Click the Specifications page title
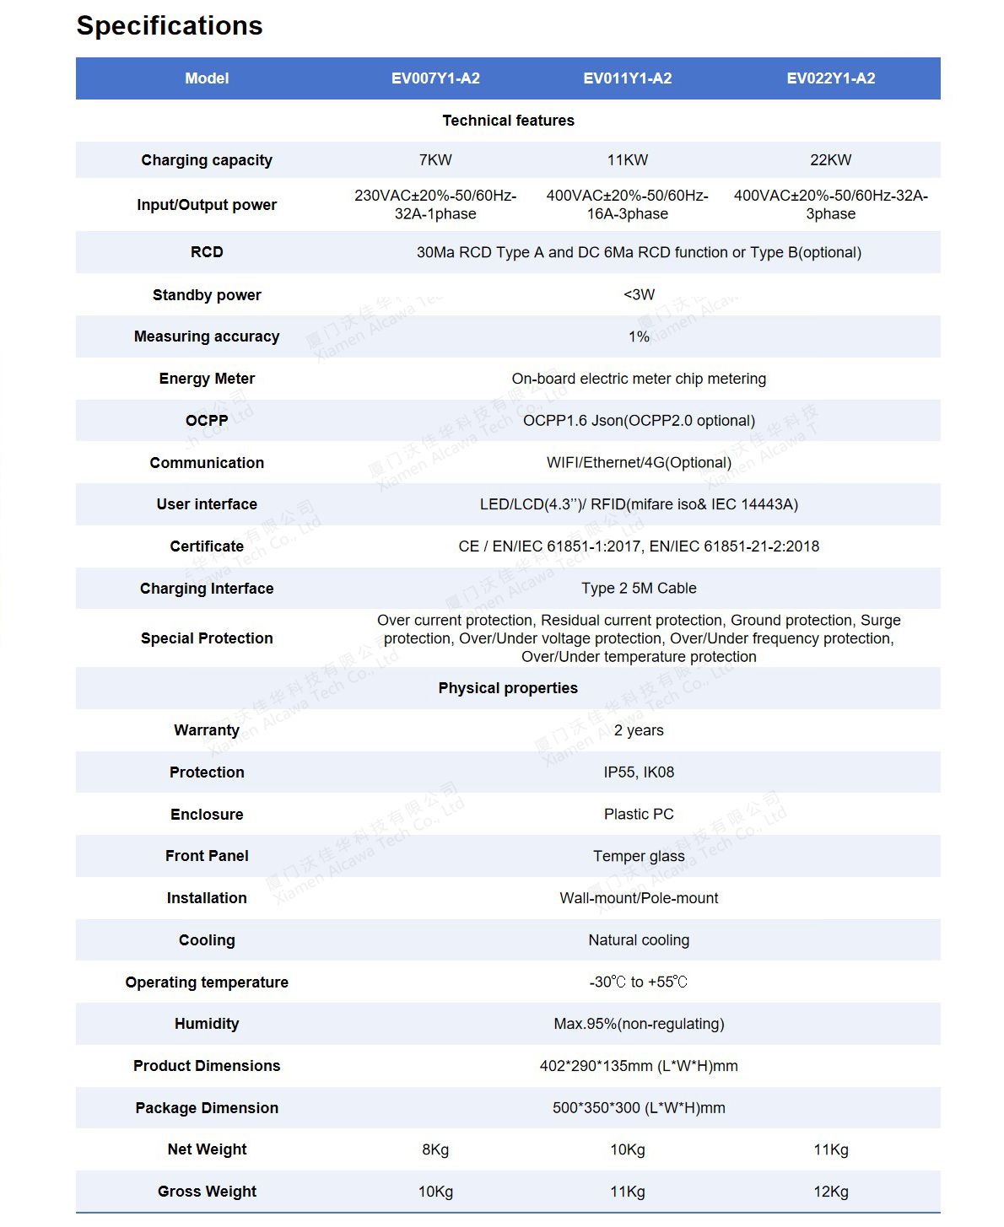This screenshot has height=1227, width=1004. point(170,26)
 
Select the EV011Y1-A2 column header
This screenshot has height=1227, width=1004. point(627,78)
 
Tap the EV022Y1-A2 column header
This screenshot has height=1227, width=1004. point(830,78)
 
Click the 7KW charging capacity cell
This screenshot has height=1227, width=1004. point(435,160)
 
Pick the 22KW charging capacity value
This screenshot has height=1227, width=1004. point(830,160)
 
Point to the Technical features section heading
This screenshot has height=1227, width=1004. point(508,121)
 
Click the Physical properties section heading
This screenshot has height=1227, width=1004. point(508,688)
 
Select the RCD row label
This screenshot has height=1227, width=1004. point(207,252)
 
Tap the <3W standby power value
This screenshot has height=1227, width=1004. point(639,294)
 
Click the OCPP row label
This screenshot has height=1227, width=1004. point(207,420)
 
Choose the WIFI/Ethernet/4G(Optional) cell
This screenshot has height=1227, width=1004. point(639,462)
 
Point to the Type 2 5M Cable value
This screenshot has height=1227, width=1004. point(639,588)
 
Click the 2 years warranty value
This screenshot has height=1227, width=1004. point(639,730)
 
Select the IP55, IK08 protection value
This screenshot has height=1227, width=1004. point(639,772)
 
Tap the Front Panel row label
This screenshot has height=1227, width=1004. point(207,856)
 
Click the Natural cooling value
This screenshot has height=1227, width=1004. point(639,939)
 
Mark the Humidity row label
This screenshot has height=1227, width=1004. point(207,1024)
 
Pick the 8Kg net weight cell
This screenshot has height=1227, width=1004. point(435,1149)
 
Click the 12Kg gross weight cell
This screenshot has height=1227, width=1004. point(830,1192)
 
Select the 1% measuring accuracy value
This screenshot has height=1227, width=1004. point(639,336)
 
